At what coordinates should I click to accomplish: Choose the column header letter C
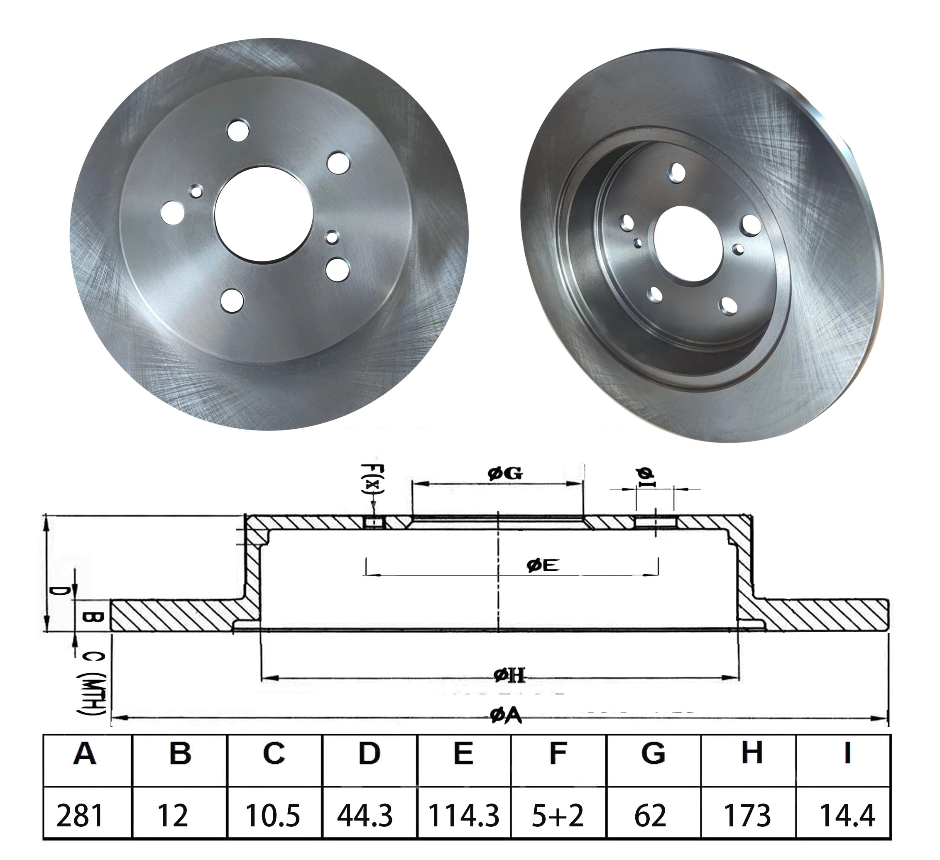274,753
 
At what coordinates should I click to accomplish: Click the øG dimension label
505,474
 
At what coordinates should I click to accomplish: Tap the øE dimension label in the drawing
543,565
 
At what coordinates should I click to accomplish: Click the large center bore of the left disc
264,221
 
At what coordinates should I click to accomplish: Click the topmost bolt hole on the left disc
238,130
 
